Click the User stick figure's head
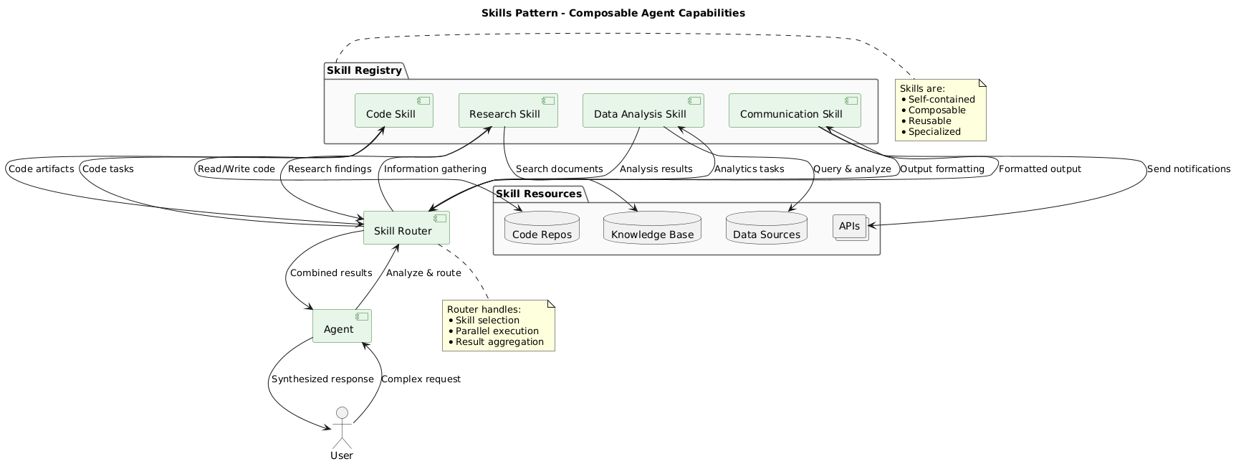[x=342, y=412]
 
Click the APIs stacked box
[x=850, y=227]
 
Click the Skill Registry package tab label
[x=364, y=70]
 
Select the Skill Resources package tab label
[x=539, y=194]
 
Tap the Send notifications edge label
[x=1188, y=169]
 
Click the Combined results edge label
[x=331, y=273]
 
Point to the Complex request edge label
[x=421, y=379]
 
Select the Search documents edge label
[x=559, y=169]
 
